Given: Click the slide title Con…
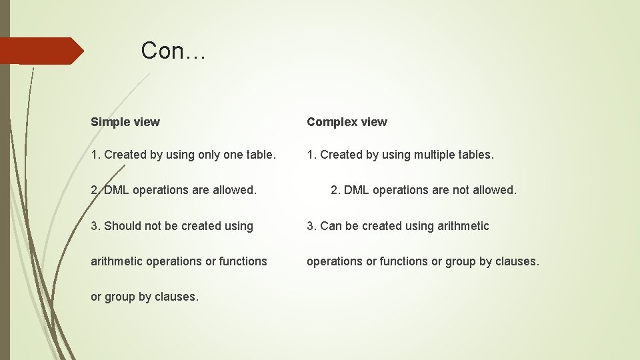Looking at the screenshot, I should coord(173,51).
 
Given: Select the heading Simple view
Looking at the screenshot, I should coord(125,122).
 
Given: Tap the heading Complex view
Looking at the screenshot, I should coord(347,122).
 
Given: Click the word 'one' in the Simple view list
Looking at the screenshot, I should coord(233,155).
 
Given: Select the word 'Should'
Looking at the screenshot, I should coord(123,226).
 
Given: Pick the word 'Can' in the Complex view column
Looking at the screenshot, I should coord(331,226).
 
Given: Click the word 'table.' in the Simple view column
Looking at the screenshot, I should coord(261,155).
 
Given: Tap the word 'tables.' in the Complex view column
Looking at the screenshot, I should coord(477,155).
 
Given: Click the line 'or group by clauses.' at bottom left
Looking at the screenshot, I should coord(145,297).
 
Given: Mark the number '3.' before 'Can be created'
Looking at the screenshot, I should coord(311,226).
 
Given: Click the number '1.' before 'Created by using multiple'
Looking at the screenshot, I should coord(311,155).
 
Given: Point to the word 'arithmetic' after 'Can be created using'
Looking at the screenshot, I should coord(463,226).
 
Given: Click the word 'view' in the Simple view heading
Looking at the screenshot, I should coord(147,122).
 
